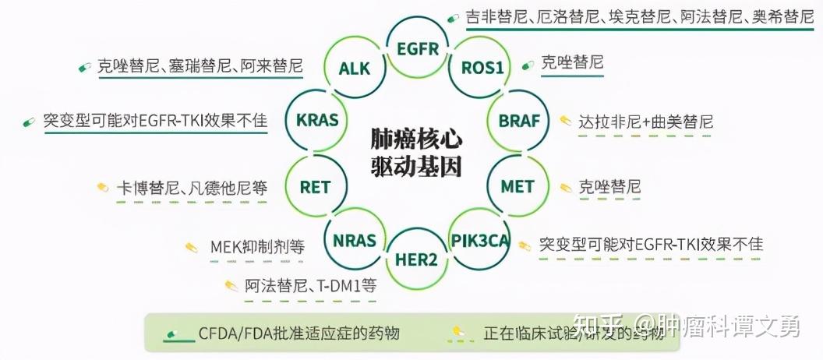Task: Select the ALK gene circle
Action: [354, 68]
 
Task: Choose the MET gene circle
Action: [517, 187]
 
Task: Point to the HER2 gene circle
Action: [416, 259]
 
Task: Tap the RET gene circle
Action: [315, 187]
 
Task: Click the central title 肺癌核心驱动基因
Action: [416, 154]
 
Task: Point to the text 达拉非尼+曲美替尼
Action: [645, 122]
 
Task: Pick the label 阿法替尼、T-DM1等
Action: [310, 286]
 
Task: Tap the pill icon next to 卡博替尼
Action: [102, 187]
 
